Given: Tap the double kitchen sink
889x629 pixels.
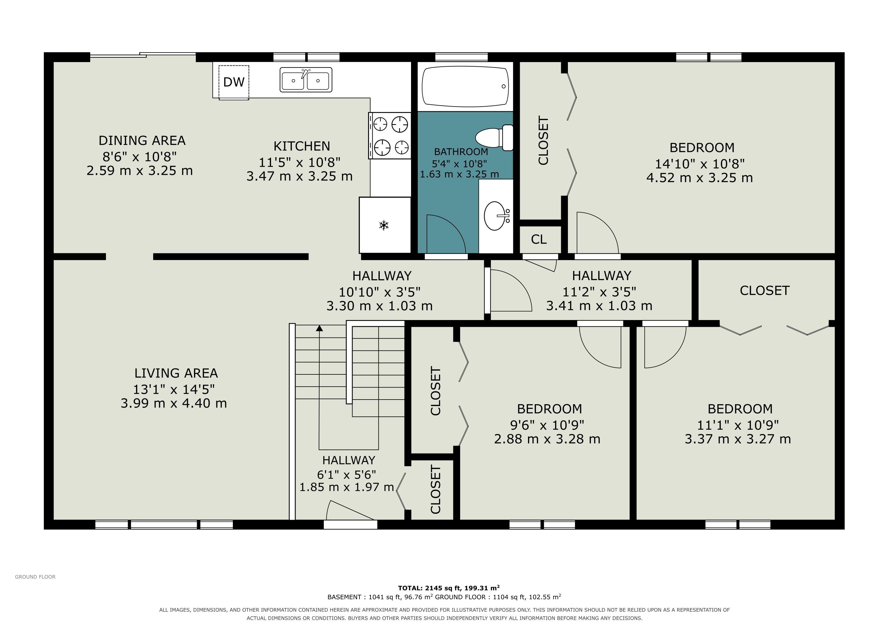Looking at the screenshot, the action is coord(306,80).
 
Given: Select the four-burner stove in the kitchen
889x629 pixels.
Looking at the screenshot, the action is coord(390,135).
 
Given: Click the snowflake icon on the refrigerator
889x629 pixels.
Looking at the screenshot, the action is coord(384,225).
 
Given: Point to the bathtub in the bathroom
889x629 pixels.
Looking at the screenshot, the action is coord(465,86).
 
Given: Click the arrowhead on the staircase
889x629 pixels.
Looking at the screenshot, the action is coord(320,328).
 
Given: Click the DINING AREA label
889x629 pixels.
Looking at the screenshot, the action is coord(142,140).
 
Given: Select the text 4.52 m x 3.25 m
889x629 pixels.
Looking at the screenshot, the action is coord(700,178).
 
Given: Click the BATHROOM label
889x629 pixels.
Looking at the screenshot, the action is coord(461,152).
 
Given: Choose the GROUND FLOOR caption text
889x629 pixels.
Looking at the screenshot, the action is coord(35,577).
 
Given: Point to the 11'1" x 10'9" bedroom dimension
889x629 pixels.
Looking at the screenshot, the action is coord(738,425).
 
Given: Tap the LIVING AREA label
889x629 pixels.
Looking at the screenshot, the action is coord(176,373).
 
